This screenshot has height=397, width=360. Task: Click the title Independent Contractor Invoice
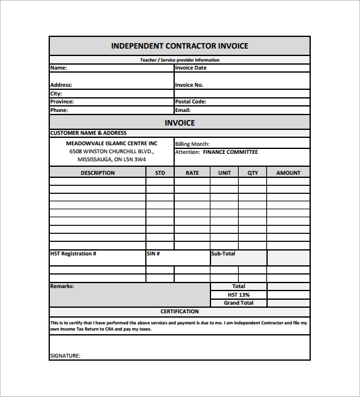pyautogui.click(x=180, y=46)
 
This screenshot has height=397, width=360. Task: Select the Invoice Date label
pyautogui.click(x=191, y=68)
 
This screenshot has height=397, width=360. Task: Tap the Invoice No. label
pyautogui.click(x=189, y=85)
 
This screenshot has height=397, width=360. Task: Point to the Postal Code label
pyautogui.click(x=191, y=102)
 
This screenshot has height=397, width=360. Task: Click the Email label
pyautogui.click(x=183, y=110)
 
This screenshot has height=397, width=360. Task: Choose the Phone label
pyautogui.click(x=59, y=110)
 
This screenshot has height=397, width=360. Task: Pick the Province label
pyautogui.click(x=62, y=102)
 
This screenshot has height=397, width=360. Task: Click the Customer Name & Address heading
pyautogui.click(x=88, y=133)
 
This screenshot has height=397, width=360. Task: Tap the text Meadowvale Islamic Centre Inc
pyautogui.click(x=112, y=143)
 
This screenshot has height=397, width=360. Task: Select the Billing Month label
pyautogui.click(x=193, y=144)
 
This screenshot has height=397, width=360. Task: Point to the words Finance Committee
pyautogui.click(x=230, y=152)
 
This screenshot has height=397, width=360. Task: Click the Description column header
pyautogui.click(x=97, y=173)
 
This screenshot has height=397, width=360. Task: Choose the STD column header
pyautogui.click(x=160, y=173)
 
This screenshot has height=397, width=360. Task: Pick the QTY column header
pyautogui.click(x=253, y=173)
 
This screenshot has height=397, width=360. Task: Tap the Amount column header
pyautogui.click(x=288, y=173)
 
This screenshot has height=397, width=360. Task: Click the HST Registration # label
pyautogui.click(x=73, y=254)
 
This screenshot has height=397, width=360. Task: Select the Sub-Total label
pyautogui.click(x=223, y=254)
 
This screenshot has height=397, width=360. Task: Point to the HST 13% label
pyautogui.click(x=239, y=295)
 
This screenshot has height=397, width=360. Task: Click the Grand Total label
pyautogui.click(x=239, y=303)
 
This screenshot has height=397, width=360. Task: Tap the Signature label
pyautogui.click(x=65, y=355)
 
